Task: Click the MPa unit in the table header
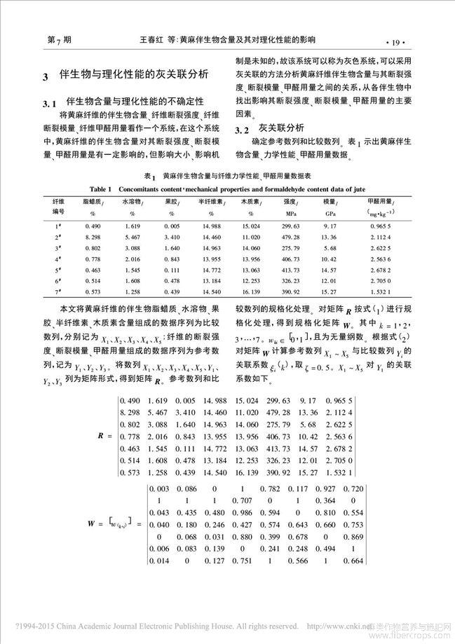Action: pyautogui.click(x=290, y=212)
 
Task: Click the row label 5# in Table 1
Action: pyautogui.click(x=60, y=269)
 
